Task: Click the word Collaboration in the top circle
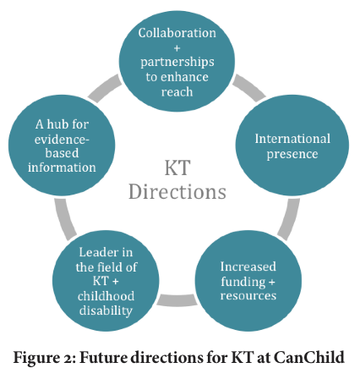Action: click(x=177, y=33)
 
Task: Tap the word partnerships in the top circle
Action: click(x=177, y=62)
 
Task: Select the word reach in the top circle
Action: click(x=177, y=92)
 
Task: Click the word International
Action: click(x=292, y=139)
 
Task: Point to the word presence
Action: click(x=292, y=154)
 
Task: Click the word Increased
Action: click(x=248, y=266)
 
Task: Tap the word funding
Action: click(x=243, y=282)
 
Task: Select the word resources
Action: click(x=248, y=295)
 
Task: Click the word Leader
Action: click(x=95, y=252)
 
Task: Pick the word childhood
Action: click(x=106, y=296)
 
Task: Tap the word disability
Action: click(x=106, y=310)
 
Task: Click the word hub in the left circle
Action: click(x=57, y=124)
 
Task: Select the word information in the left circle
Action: click(x=62, y=168)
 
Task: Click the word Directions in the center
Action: click(x=177, y=192)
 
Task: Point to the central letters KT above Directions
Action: click(x=177, y=168)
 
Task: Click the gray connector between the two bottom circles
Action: click(x=177, y=300)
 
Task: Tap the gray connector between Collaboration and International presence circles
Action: click(x=248, y=87)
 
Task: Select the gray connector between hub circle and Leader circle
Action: click(x=65, y=219)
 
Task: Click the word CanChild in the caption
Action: click(x=309, y=358)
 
